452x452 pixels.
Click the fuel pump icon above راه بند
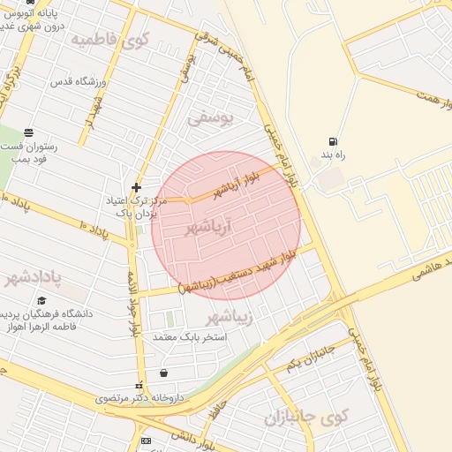[x=332, y=141]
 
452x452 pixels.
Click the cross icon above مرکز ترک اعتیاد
[x=136, y=187]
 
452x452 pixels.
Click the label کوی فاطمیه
[x=123, y=40]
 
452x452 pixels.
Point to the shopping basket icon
[x=164, y=373]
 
